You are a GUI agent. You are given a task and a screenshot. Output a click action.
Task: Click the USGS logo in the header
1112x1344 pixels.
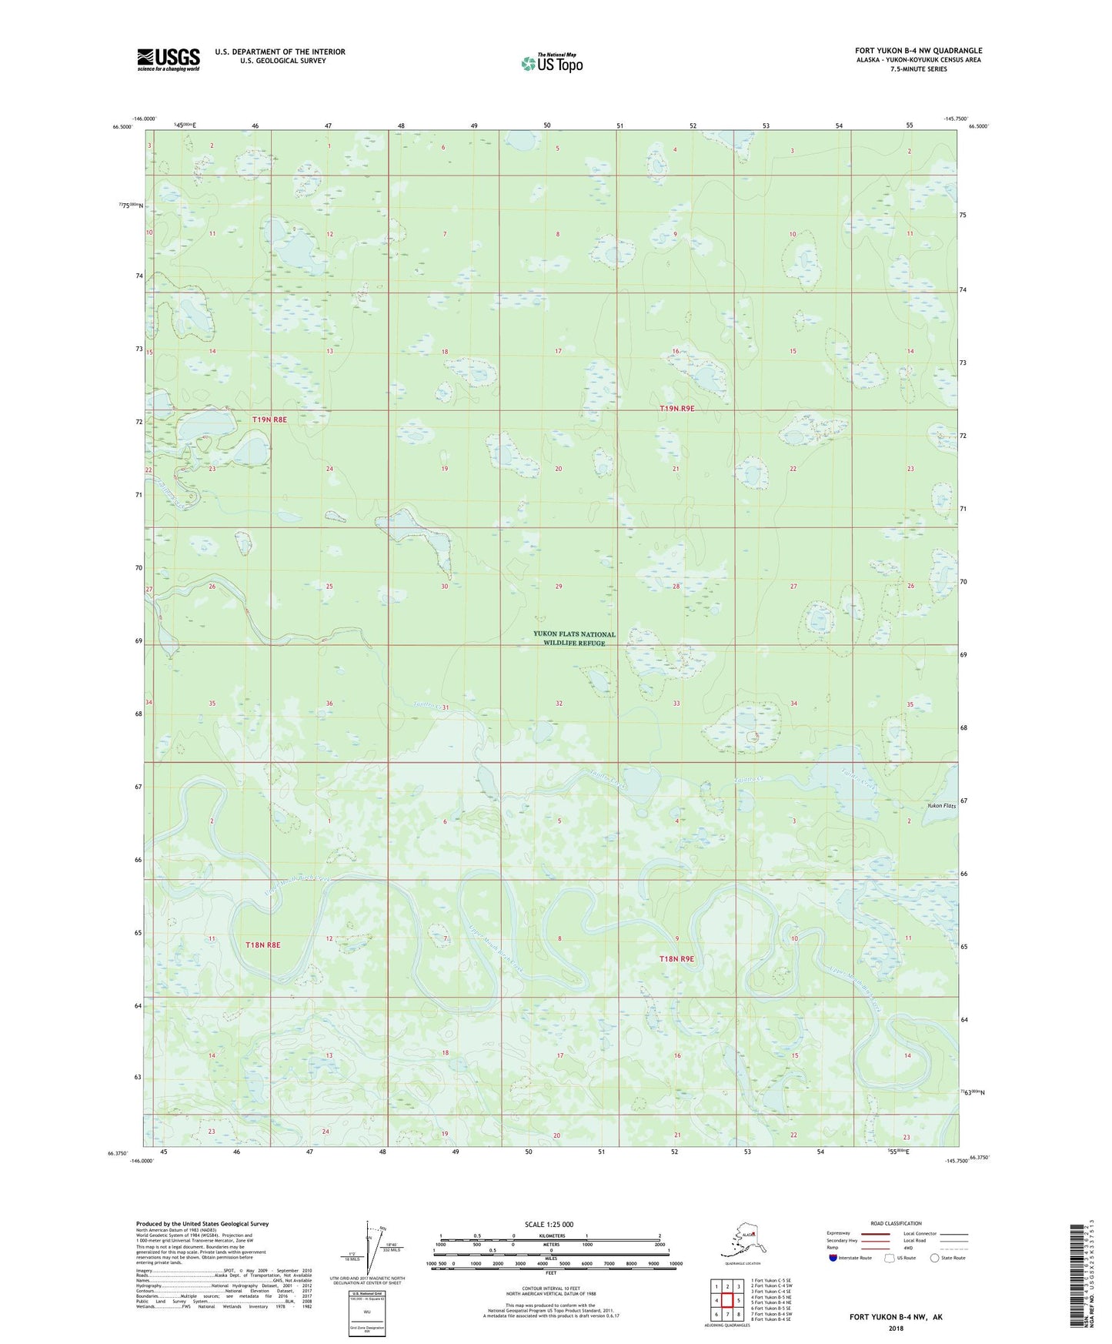click(x=168, y=59)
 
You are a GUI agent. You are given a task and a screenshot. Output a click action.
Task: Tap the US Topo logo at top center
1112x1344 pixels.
click(x=552, y=62)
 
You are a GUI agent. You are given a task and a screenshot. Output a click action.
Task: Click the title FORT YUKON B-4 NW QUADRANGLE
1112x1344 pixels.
click(x=918, y=51)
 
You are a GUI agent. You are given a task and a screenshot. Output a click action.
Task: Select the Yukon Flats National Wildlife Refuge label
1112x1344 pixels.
click(x=574, y=638)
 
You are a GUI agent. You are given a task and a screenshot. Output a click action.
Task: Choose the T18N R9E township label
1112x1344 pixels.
click(x=676, y=959)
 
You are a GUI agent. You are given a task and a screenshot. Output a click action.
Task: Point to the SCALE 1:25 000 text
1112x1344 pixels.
click(x=549, y=1225)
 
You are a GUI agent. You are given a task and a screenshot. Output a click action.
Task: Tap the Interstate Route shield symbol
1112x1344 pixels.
click(x=833, y=1258)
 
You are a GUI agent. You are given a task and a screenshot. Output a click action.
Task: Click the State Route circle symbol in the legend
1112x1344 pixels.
click(x=935, y=1258)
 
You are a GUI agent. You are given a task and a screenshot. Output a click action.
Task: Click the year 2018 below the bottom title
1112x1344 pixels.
click(x=895, y=1328)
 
